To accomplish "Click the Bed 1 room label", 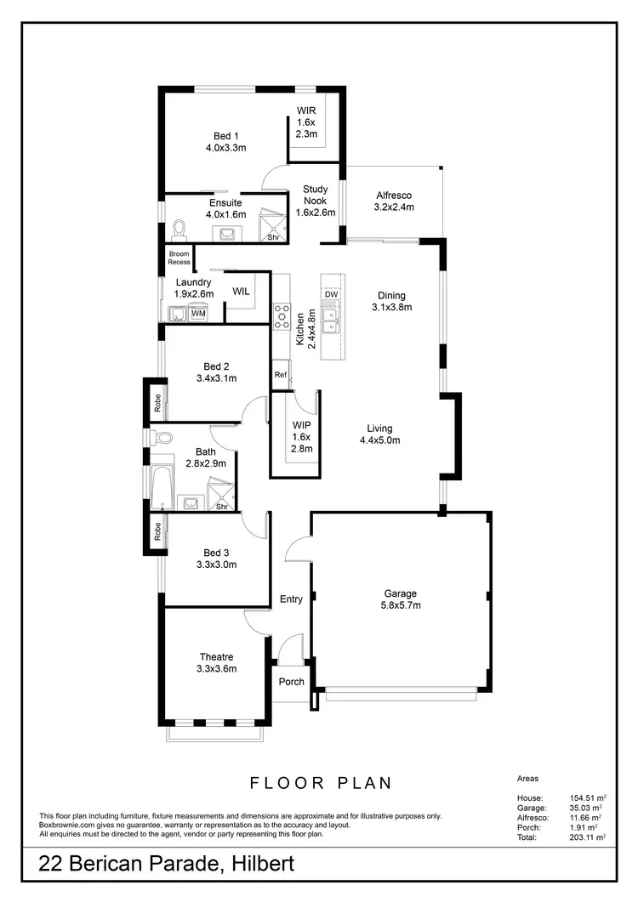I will [225, 141].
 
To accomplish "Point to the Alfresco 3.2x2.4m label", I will [393, 201].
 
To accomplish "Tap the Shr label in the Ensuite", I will [273, 237].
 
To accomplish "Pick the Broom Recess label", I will [179, 258].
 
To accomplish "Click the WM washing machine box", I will [198, 314].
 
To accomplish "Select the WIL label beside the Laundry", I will [241, 291].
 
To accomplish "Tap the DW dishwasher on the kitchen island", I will [331, 294].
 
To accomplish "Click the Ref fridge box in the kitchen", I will [280, 375].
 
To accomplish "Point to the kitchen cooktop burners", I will [282, 315].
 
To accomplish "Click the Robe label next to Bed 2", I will [158, 404].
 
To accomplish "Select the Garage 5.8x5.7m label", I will [399, 599].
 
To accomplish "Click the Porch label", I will [292, 681].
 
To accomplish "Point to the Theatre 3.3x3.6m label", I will [216, 662].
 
